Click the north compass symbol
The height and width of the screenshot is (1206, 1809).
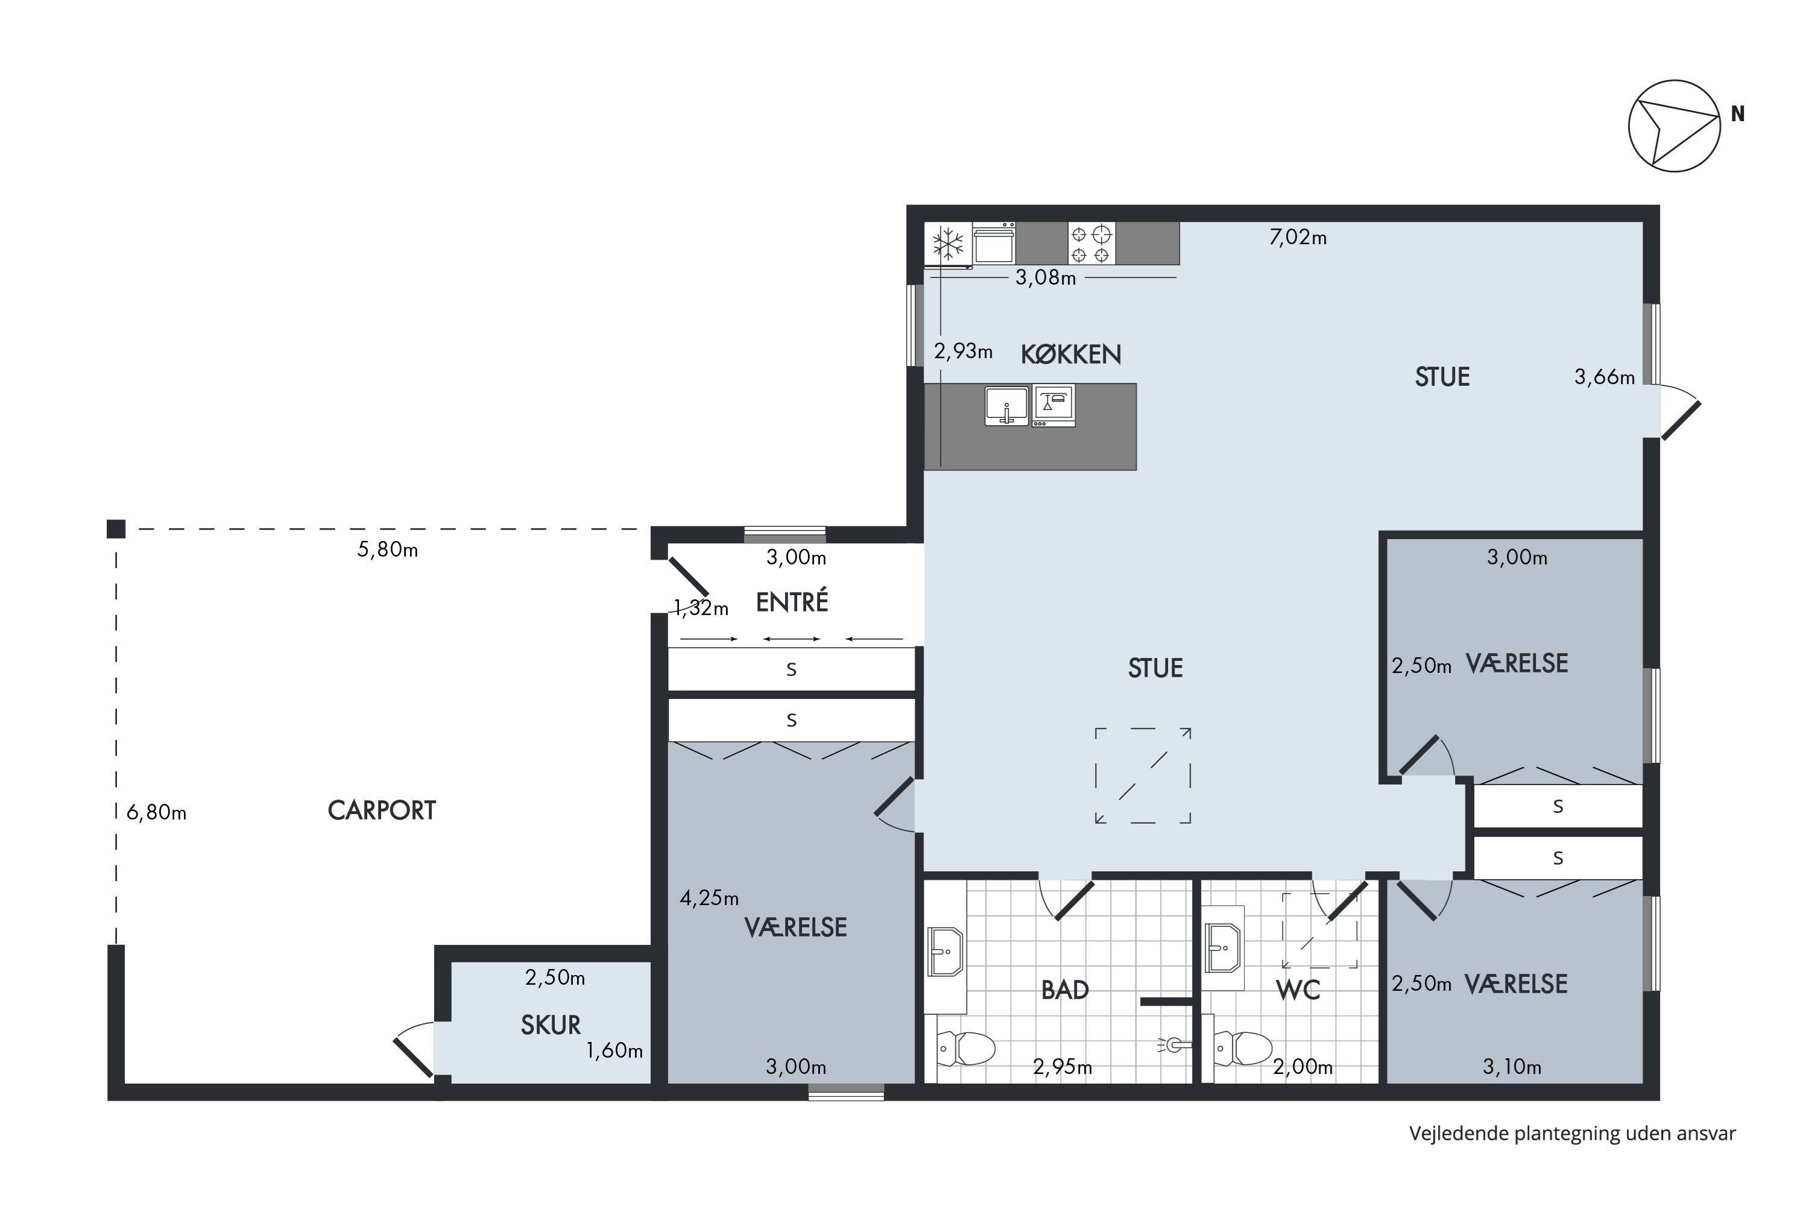click(1674, 125)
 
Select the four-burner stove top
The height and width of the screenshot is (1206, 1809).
click(1091, 243)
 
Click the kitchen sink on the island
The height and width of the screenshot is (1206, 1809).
click(1006, 406)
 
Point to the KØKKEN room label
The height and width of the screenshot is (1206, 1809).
click(1071, 355)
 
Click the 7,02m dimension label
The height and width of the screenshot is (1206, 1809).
click(1298, 238)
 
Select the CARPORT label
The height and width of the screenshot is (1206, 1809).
click(382, 810)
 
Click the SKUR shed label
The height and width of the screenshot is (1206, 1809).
click(551, 1025)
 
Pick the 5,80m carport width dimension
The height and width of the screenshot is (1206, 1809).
click(388, 550)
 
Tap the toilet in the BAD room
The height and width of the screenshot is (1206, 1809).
click(966, 1047)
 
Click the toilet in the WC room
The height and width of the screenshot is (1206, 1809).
click(1243, 1047)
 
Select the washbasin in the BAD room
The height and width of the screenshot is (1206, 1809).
click(946, 952)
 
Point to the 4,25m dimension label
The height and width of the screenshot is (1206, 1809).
click(709, 898)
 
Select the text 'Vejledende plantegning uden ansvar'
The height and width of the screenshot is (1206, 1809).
click(1572, 1134)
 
